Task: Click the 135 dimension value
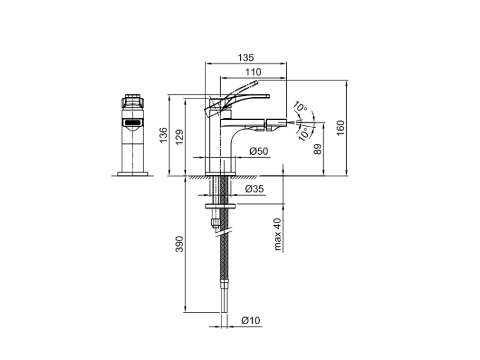(x=246, y=58)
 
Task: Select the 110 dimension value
(x=253, y=72)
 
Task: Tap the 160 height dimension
(x=340, y=128)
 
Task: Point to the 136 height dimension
(x=163, y=135)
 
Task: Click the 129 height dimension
(x=180, y=137)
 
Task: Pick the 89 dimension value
(x=317, y=149)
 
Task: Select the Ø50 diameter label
(x=259, y=151)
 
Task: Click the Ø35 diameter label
(x=254, y=189)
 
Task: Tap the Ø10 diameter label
(x=250, y=320)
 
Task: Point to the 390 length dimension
(x=179, y=244)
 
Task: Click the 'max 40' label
(x=277, y=234)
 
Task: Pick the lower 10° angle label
(x=303, y=134)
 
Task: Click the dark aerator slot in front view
(x=132, y=123)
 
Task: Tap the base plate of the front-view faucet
(x=132, y=174)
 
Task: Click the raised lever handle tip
(x=256, y=82)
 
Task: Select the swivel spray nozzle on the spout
(x=276, y=123)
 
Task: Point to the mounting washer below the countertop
(x=220, y=206)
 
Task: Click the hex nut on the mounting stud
(x=216, y=223)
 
